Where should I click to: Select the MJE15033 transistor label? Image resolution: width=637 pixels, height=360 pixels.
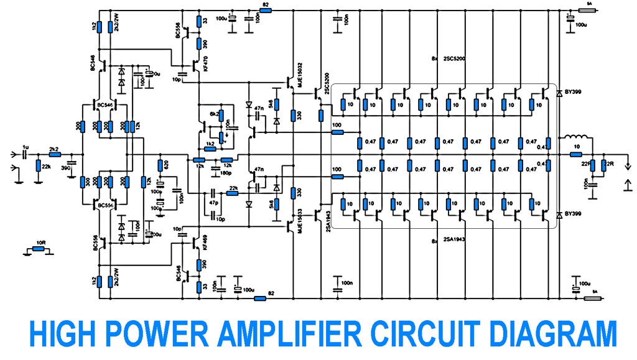(300, 219)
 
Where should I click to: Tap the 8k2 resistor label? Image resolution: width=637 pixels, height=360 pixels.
(215, 115)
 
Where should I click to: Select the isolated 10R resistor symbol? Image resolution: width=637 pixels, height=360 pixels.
(39, 249)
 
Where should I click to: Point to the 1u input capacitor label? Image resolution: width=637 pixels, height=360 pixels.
(26, 147)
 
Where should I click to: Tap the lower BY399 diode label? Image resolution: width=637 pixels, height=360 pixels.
(572, 214)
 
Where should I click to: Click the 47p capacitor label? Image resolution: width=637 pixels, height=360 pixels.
(213, 203)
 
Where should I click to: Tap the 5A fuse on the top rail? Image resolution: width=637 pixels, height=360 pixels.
(588, 11)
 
